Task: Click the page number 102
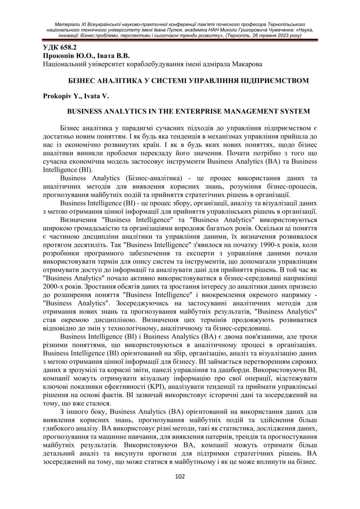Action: coord(180,477)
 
